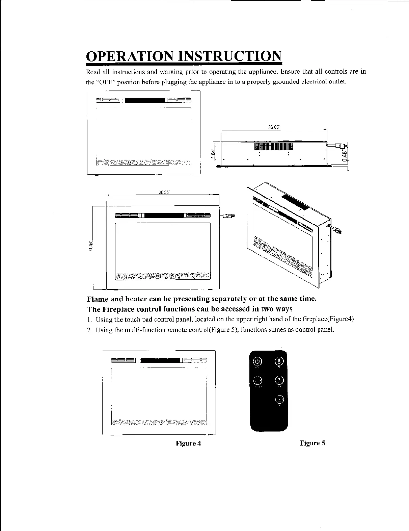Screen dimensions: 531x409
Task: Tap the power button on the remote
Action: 257,361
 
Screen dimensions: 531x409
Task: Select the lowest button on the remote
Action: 279,400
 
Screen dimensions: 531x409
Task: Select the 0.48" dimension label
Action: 344,156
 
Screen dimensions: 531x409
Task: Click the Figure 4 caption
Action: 188,443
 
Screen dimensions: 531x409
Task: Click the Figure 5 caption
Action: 312,443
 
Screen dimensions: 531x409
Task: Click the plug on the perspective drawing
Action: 336,230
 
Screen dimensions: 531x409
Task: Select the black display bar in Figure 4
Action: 160,360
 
